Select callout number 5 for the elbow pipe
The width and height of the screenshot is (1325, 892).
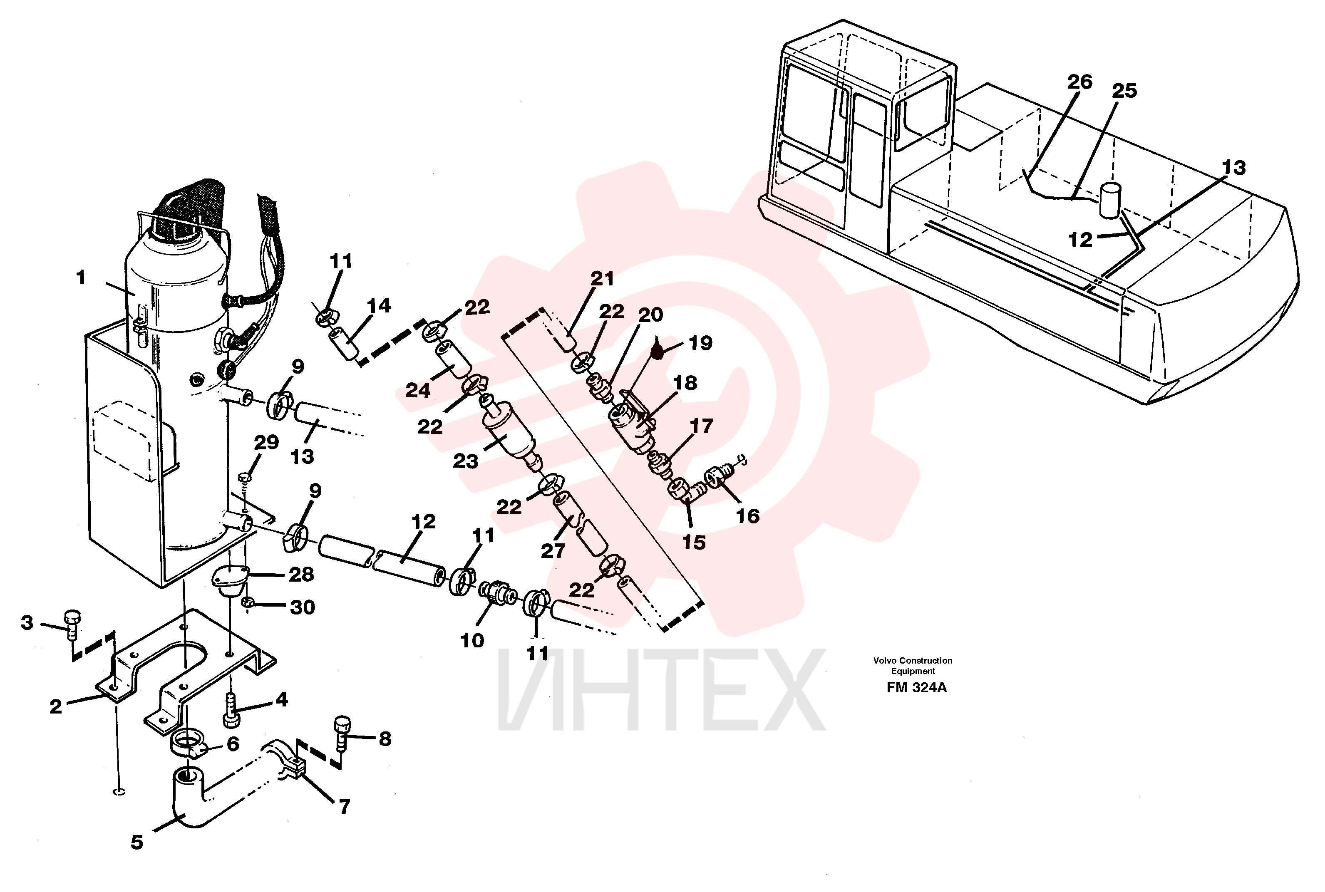pos(136,842)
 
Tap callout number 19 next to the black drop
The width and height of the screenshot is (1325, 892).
pos(700,343)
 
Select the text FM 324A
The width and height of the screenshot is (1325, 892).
pos(916,688)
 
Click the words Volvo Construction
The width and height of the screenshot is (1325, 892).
pos(913,660)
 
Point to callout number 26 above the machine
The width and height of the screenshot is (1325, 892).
pos(1079,82)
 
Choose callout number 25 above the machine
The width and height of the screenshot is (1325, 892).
pos(1124,90)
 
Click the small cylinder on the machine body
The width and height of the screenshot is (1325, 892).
pos(1109,200)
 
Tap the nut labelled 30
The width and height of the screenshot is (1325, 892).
pos(248,602)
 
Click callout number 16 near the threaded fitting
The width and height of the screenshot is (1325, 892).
pos(747,516)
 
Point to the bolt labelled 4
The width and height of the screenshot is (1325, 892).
pos(231,711)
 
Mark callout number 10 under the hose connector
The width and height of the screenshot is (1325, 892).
pos(471,641)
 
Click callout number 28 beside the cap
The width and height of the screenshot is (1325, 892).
pos(301,575)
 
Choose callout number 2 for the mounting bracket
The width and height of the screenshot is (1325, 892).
pos(55,706)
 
